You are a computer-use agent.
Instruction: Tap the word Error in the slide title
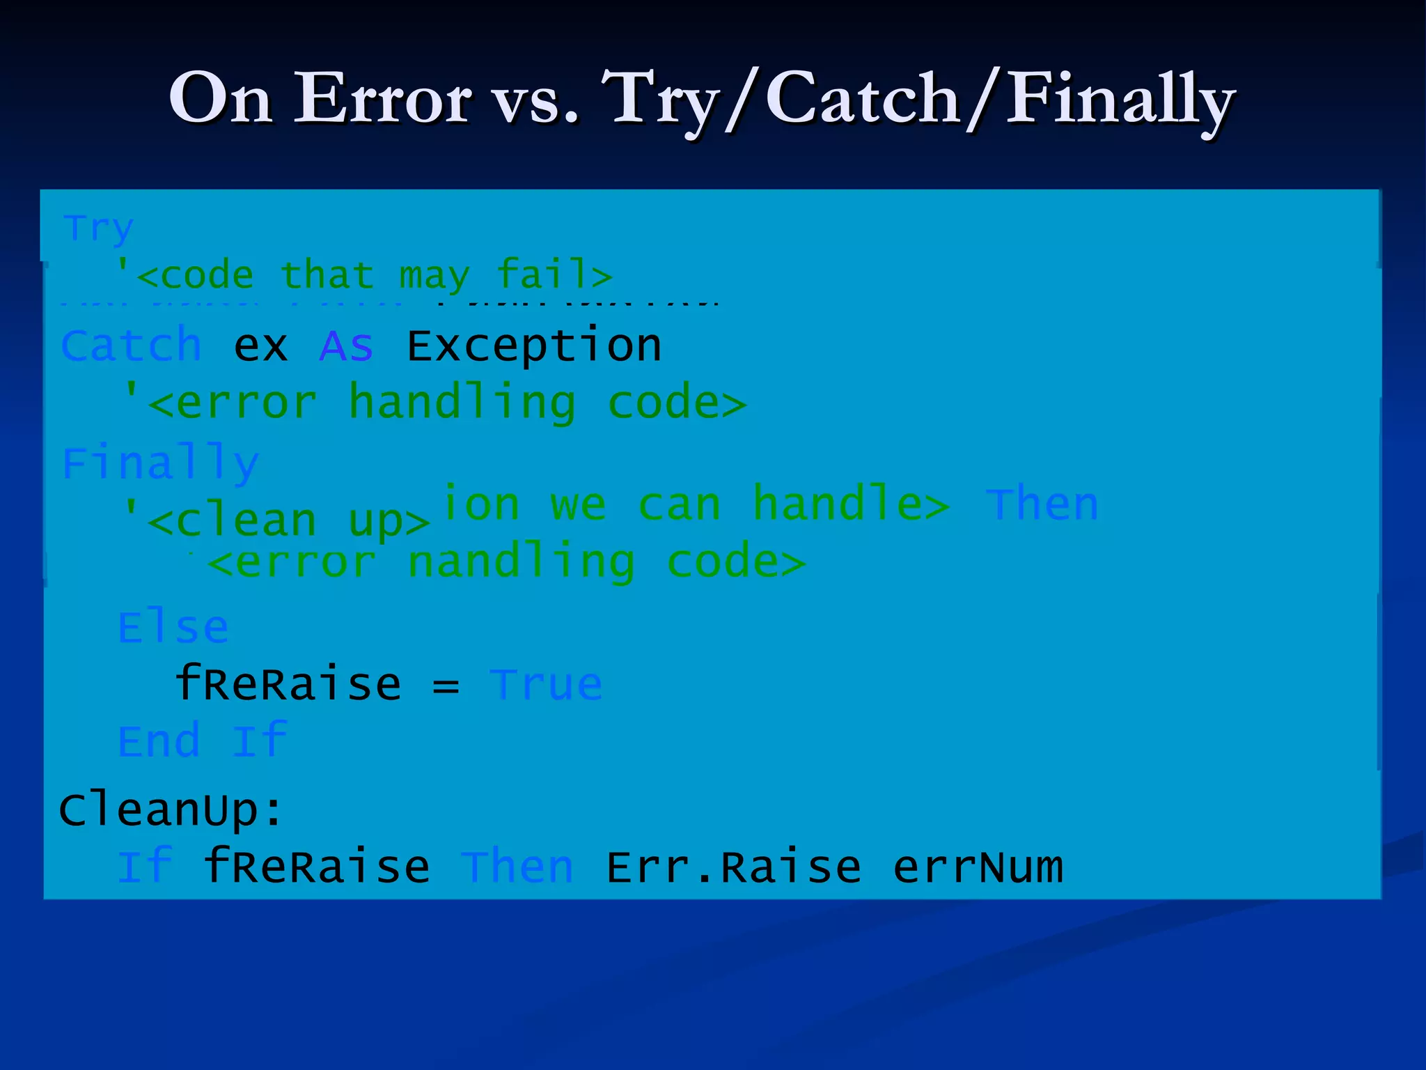point(383,99)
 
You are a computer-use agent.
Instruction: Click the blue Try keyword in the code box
point(99,228)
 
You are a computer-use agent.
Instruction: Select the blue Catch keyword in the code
point(131,346)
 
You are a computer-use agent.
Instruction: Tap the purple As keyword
point(346,346)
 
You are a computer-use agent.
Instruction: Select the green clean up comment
point(276,521)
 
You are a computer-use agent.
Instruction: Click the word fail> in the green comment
point(554,274)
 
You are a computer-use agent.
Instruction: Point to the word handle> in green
point(851,504)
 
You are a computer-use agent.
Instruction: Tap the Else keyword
point(173,628)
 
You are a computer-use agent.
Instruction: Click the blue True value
point(546,685)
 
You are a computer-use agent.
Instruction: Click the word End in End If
point(159,741)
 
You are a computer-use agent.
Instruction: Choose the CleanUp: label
point(171,810)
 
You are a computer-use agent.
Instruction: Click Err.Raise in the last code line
point(734,867)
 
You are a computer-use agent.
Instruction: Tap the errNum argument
point(978,867)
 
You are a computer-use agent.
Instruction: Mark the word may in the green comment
point(434,276)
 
